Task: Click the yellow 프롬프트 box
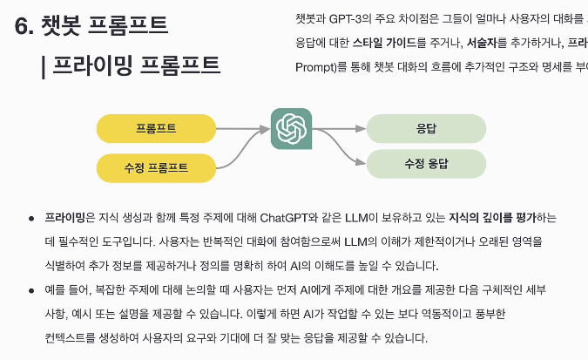156,129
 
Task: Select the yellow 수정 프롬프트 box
156,166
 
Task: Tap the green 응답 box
426,128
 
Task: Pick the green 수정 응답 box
426,163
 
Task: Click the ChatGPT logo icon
291,129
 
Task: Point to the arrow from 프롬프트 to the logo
244,129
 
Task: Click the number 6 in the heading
23,25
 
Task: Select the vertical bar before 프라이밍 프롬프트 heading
44,66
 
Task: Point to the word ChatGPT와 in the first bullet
284,217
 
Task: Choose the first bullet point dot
31,217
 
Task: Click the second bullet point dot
31,289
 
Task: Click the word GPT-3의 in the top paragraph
350,17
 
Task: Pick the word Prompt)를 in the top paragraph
324,66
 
